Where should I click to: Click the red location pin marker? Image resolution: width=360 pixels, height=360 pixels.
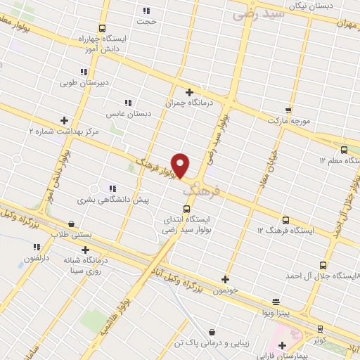[181, 165]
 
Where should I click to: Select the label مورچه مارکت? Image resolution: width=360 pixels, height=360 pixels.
[288, 120]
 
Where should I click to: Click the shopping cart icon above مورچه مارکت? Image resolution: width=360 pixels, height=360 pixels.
[288, 110]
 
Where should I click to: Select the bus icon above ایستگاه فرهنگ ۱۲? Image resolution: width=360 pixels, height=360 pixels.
[285, 219]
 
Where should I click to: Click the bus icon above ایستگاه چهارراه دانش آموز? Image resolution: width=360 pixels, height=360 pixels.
[103, 28]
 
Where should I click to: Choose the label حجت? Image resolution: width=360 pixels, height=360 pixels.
[146, 21]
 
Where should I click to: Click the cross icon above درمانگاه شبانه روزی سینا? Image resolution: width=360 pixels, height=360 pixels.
[85, 249]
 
